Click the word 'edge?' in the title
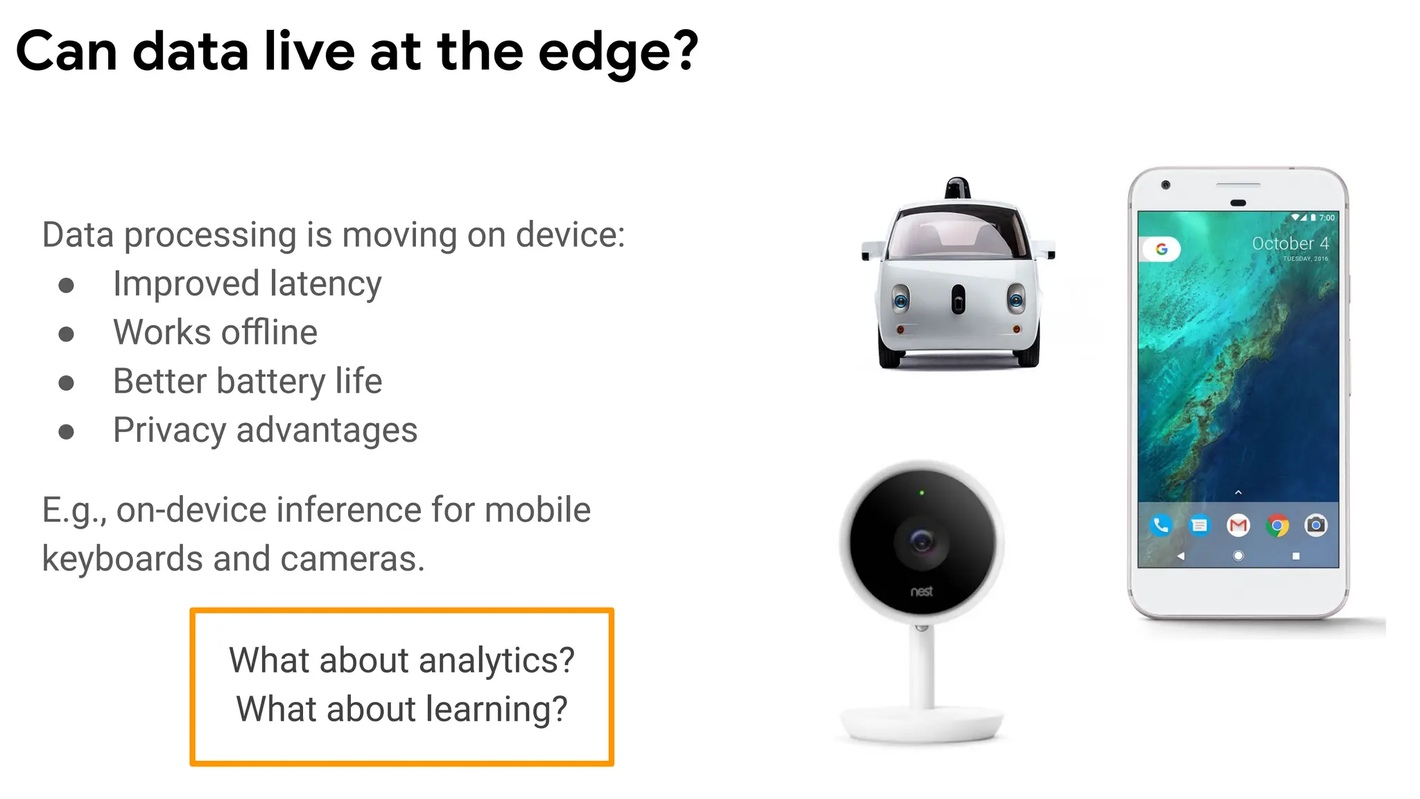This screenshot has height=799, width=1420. (x=618, y=53)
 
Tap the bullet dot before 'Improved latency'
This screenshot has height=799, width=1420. (x=67, y=285)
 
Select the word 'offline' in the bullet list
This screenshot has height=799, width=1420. (x=269, y=332)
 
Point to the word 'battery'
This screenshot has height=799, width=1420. (x=271, y=381)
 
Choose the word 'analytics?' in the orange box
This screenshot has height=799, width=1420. (x=496, y=660)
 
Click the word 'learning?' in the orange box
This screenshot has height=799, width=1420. (x=496, y=710)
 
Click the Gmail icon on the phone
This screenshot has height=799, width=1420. (x=1238, y=526)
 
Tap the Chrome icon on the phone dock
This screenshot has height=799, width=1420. (x=1277, y=526)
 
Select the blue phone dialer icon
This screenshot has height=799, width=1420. (x=1161, y=526)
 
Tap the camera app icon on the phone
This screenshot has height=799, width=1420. (x=1316, y=526)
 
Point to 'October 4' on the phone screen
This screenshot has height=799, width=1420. (x=1290, y=243)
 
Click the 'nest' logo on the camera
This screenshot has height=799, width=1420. (x=921, y=592)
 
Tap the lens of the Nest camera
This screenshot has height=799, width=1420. (x=921, y=541)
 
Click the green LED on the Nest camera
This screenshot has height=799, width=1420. (x=921, y=493)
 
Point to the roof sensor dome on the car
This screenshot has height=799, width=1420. (x=958, y=187)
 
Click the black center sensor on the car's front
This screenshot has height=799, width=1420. (x=958, y=300)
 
